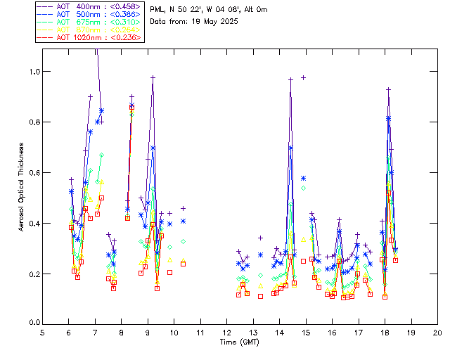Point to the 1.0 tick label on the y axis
tap(33, 72)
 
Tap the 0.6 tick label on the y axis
tap(33, 173)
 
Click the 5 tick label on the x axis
tap(42, 333)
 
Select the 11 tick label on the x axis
tap(200, 333)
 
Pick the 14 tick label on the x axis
tap(279, 333)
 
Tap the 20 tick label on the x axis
tap(437, 333)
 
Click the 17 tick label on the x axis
tap(359, 333)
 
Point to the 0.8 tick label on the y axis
tap(33, 122)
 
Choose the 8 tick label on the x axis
tap(122, 333)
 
